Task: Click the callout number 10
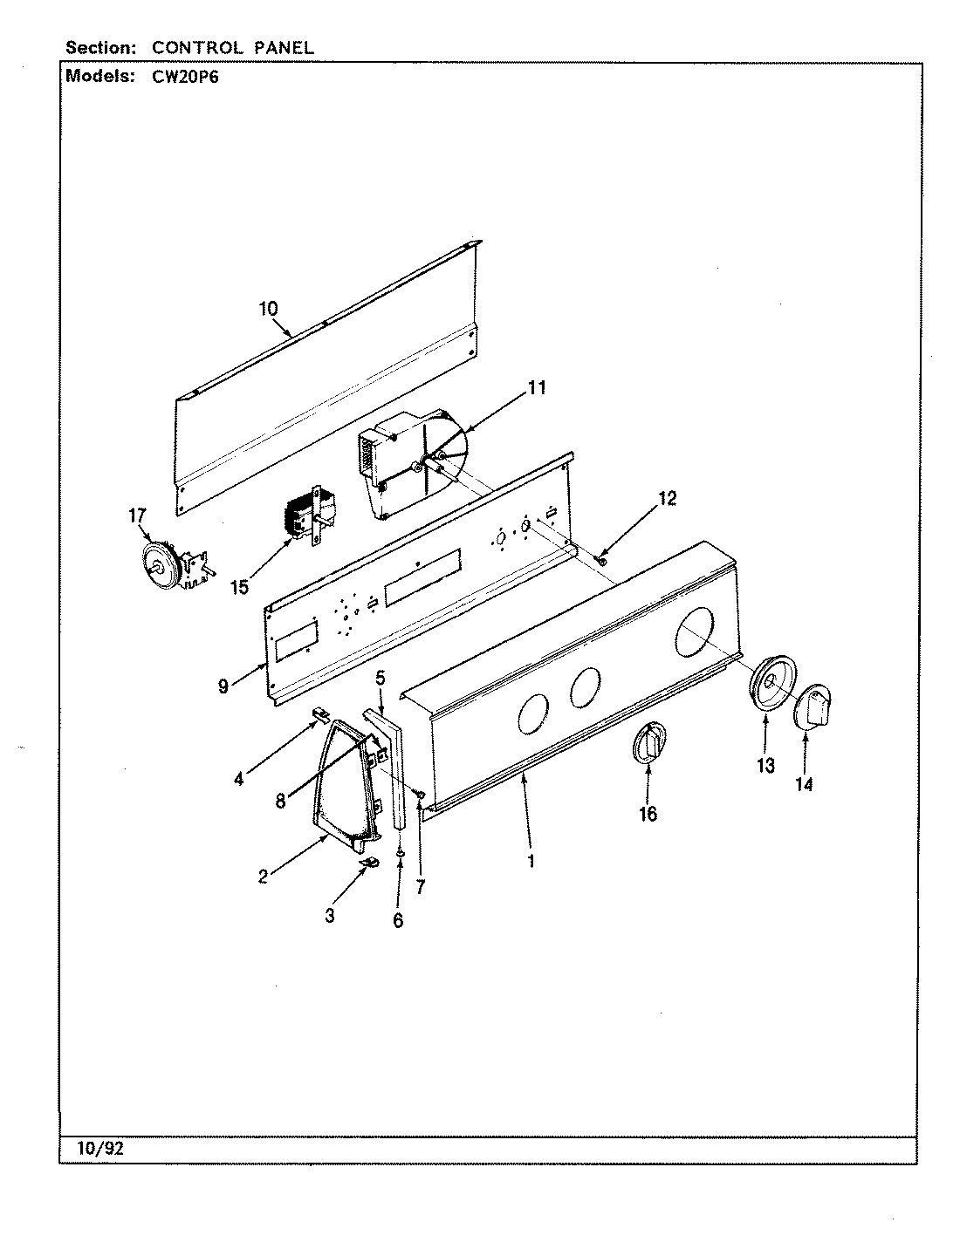268,308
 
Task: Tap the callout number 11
538,387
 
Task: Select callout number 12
667,499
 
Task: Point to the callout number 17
138,515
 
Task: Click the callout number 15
240,587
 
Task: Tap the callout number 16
648,814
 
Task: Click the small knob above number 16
646,744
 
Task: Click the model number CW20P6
182,77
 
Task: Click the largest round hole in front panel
695,634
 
